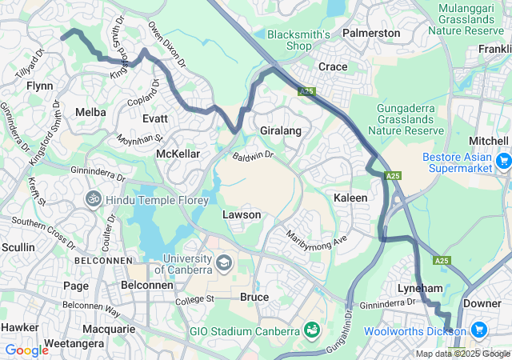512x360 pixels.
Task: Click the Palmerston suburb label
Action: pyautogui.click(x=370, y=33)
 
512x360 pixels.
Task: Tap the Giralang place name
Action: pyautogui.click(x=280, y=129)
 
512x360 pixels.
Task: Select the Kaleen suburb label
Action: pyautogui.click(x=350, y=197)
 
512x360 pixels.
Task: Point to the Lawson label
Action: pyautogui.click(x=241, y=215)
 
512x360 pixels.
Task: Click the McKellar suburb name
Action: pyautogui.click(x=177, y=153)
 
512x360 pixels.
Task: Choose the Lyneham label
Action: pyautogui.click(x=421, y=287)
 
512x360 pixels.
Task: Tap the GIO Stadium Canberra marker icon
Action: pyautogui.click(x=311, y=330)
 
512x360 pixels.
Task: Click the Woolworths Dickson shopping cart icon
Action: pyautogui.click(x=479, y=330)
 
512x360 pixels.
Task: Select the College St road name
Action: pyautogui.click(x=195, y=299)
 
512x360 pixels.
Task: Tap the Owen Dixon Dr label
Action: pyautogui.click(x=166, y=45)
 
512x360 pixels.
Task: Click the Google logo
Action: pyautogui.click(x=26, y=350)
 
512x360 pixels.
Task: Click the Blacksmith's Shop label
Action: pyautogui.click(x=298, y=40)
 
